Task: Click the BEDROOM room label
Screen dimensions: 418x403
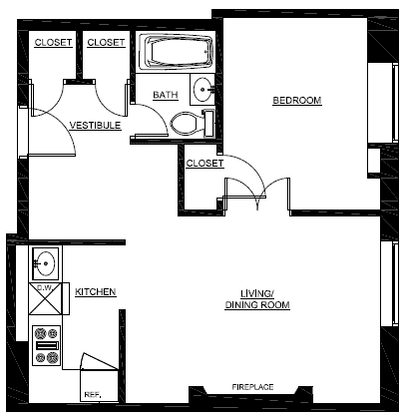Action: [297, 101]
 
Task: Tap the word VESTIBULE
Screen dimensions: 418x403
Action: [95, 126]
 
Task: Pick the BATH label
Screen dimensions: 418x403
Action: [165, 96]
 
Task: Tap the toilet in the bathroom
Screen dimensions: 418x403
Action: [186, 123]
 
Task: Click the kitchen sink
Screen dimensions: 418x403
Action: [44, 264]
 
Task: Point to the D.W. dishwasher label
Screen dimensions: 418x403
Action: [44, 288]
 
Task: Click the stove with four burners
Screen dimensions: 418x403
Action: [46, 344]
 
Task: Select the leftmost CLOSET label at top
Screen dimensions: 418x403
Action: [53, 42]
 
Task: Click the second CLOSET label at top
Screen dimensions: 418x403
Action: [106, 42]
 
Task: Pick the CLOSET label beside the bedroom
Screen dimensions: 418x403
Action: [203, 162]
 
